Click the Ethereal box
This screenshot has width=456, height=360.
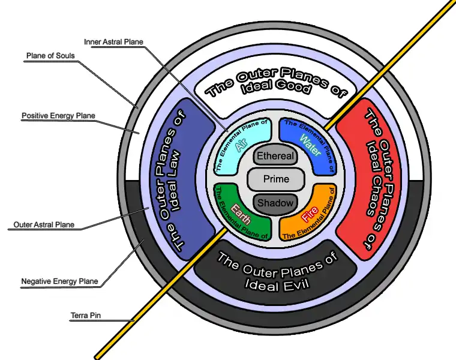click(275, 156)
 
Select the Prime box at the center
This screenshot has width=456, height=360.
click(275, 179)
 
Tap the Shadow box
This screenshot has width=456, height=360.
click(275, 203)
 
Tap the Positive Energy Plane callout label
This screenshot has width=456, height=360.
click(58, 115)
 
